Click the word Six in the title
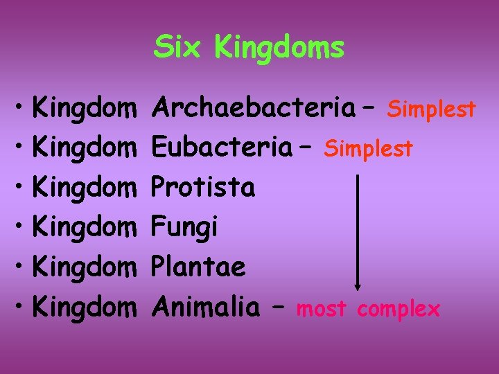click(179, 48)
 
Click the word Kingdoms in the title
click(279, 48)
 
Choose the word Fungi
click(185, 226)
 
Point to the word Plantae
click(199, 267)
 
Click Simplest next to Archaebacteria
click(431, 109)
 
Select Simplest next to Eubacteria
click(369, 148)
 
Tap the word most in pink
click(323, 309)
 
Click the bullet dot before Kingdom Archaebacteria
click(21, 109)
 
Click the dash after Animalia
click(279, 307)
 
